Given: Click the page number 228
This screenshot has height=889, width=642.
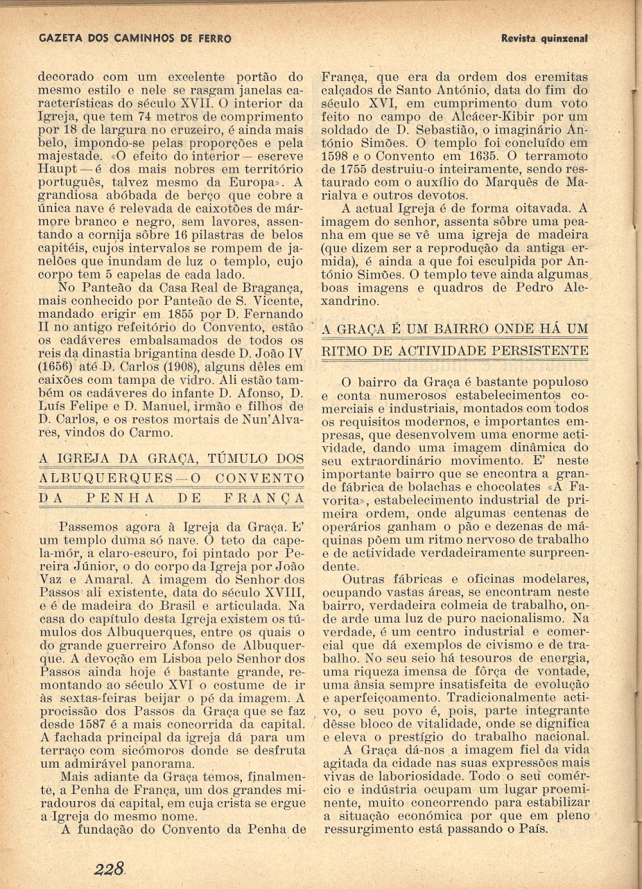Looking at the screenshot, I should click(108, 870).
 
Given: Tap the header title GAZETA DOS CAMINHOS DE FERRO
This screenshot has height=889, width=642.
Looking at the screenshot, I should click(135, 39).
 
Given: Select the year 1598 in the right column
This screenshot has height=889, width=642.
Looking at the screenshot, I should click(336, 156).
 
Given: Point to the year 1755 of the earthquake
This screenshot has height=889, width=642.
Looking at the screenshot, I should click(358, 169).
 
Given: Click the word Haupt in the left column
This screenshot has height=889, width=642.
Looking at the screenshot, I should click(57, 169).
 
